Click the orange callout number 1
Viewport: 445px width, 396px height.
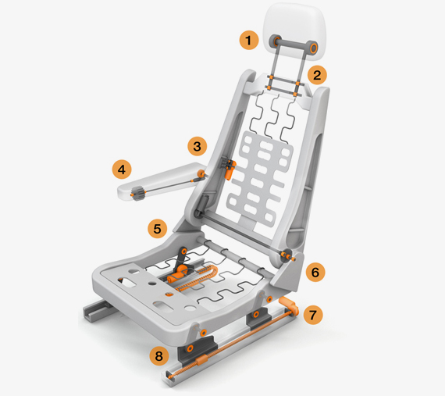(249, 39)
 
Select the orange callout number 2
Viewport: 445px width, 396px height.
(316, 75)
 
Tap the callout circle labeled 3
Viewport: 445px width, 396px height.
(197, 145)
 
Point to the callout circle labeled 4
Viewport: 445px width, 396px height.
(122, 168)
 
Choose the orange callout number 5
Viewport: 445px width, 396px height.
(158, 229)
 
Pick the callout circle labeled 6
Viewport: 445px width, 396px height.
(315, 273)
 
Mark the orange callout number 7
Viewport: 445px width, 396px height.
(312, 316)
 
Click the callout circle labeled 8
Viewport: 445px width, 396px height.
(159, 357)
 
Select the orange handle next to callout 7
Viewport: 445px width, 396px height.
(286, 303)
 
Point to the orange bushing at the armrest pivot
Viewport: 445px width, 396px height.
(201, 173)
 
